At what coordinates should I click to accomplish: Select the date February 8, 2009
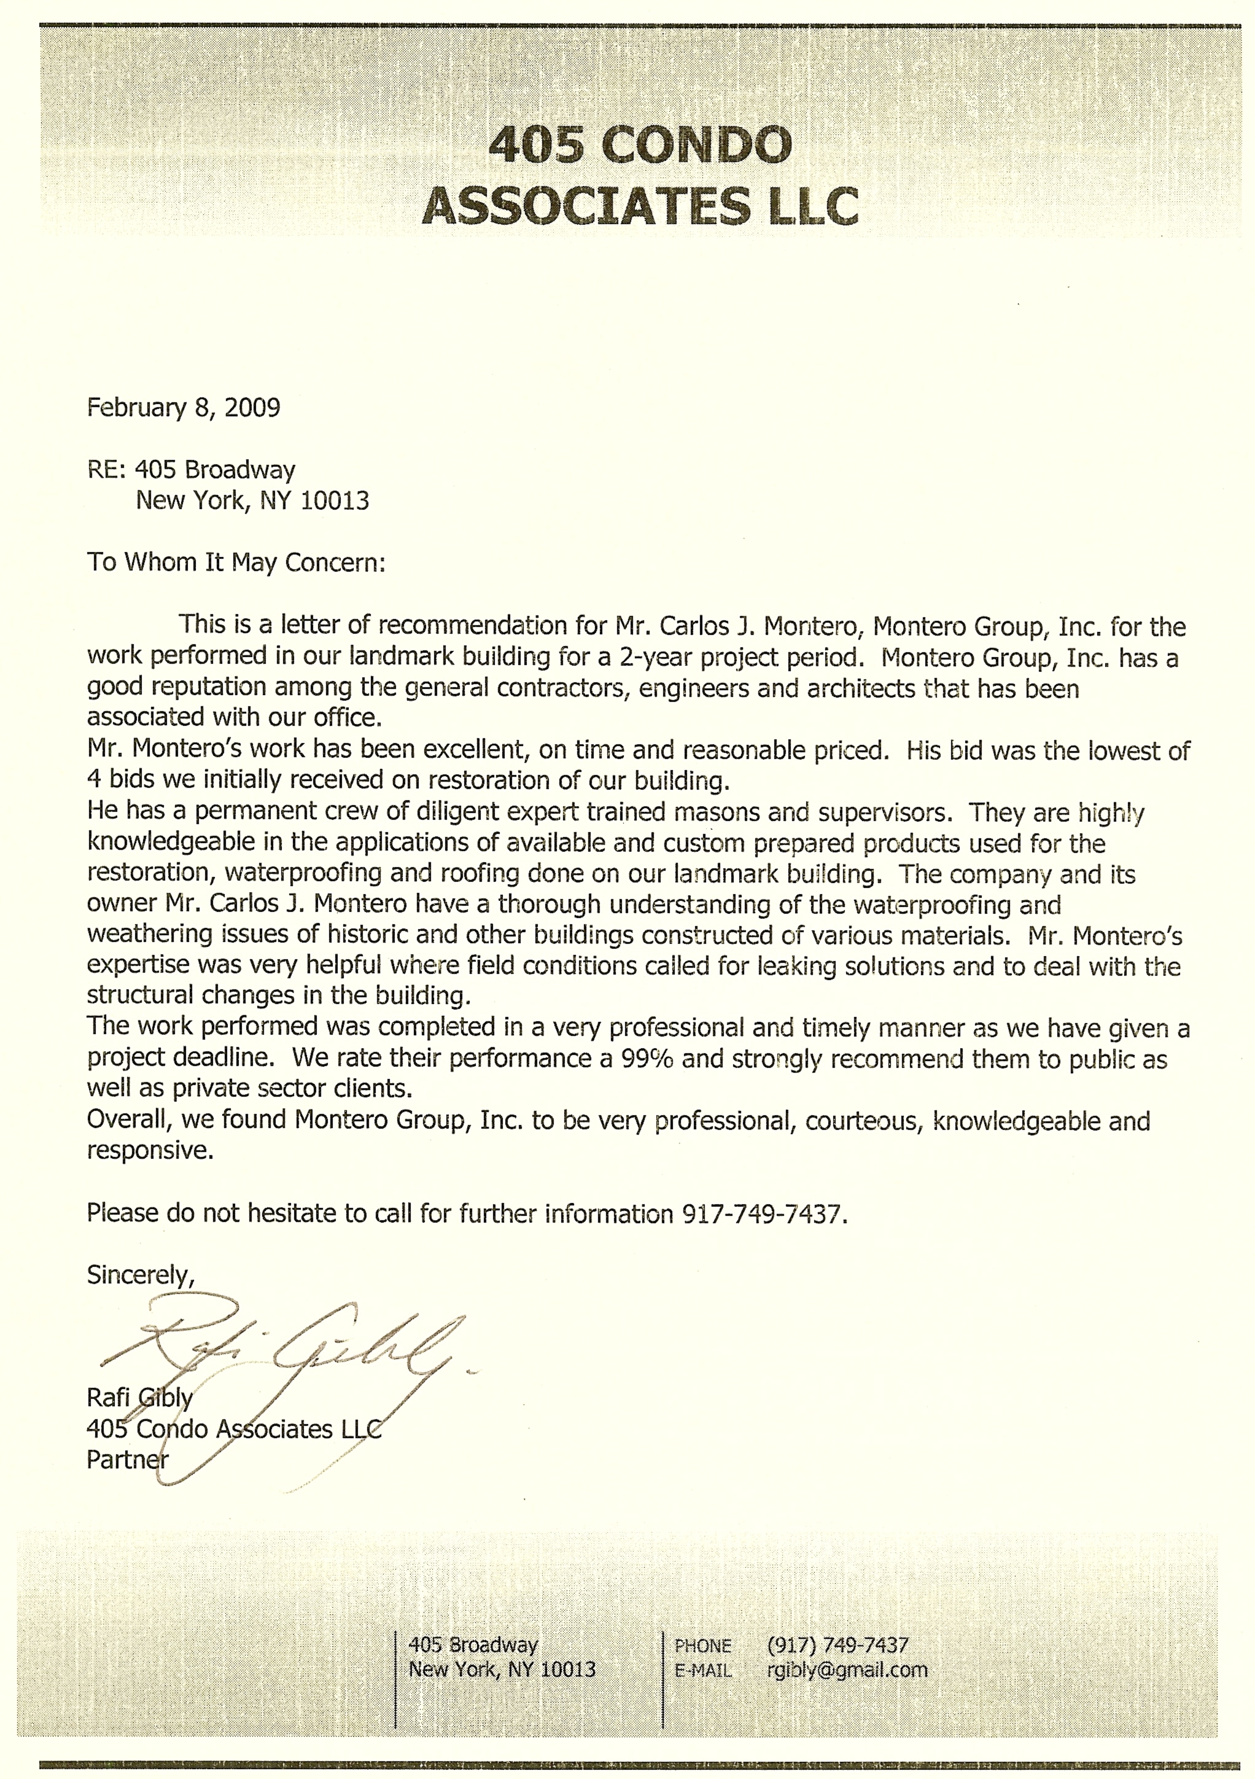184,408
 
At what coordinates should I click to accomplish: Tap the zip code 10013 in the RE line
335,500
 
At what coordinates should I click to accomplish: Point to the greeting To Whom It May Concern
236,562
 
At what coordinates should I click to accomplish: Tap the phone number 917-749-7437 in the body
761,1213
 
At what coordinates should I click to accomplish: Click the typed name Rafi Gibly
139,1398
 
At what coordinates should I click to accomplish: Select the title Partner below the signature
127,1460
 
